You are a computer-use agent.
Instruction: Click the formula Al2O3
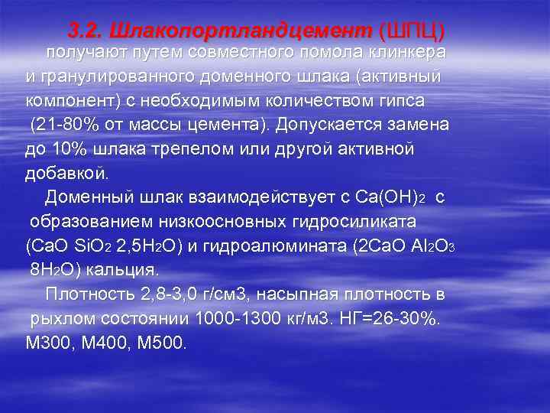pyautogui.click(x=432, y=246)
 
